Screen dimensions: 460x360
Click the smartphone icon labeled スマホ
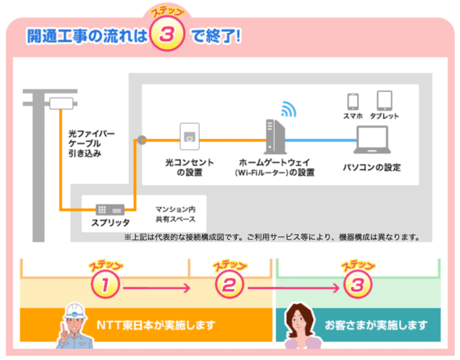[353, 101]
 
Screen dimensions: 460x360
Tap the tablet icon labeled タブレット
[384, 100]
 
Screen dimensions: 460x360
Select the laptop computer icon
[372, 140]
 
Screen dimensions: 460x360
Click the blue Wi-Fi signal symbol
[289, 109]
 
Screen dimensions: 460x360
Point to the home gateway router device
[275, 137]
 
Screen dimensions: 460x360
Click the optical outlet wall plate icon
[189, 136]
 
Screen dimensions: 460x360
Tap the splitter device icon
[110, 210]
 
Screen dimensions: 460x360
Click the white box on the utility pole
[61, 103]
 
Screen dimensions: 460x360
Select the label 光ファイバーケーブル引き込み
[91, 144]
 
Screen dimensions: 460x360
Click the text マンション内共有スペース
[175, 214]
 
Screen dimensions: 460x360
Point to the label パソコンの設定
[372, 168]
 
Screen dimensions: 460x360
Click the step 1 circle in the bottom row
[105, 284]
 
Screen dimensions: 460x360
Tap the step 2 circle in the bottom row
[229, 284]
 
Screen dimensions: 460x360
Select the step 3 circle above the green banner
[358, 284]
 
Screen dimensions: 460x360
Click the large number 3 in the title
[167, 34]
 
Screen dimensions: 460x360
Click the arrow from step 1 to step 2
[157, 288]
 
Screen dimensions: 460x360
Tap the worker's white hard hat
[76, 312]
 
